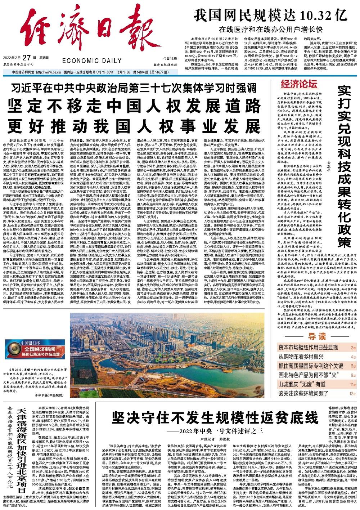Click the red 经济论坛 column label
coord(299,84)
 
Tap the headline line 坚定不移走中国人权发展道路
coord(135,106)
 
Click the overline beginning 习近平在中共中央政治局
coord(135,88)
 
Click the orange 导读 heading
coord(317,336)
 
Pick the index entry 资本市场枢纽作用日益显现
coord(308,348)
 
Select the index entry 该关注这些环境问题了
coord(303,394)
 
